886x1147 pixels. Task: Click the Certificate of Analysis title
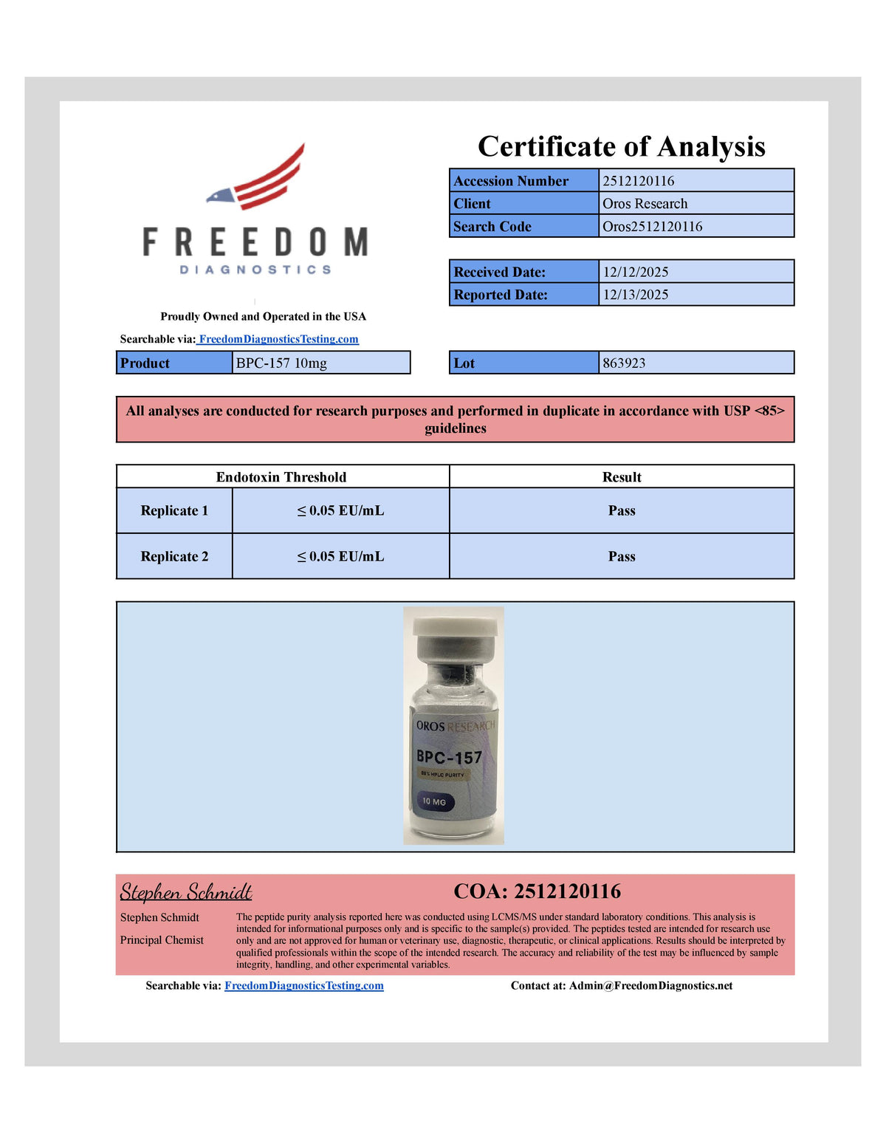coord(621,146)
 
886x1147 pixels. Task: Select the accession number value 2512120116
coord(638,181)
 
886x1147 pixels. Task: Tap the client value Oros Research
coord(645,204)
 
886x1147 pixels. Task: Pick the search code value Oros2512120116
coord(652,227)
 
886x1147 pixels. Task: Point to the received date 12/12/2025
coord(635,272)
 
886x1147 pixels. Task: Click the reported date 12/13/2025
coord(635,295)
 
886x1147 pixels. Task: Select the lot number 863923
coord(624,363)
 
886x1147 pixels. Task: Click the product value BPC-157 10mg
coord(281,363)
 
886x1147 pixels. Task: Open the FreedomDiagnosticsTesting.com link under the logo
coord(278,339)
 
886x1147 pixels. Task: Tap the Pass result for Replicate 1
coord(622,511)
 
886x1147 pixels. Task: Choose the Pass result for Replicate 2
coord(622,557)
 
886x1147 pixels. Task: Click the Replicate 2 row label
coord(174,557)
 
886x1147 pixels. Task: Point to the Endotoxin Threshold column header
coord(281,477)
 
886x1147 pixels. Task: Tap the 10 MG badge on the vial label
coord(434,801)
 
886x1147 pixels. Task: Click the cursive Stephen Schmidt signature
coord(186,892)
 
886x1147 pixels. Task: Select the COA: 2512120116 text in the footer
coord(537,891)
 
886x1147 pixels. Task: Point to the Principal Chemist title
coord(162,940)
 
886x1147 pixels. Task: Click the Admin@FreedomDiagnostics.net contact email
coord(650,986)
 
